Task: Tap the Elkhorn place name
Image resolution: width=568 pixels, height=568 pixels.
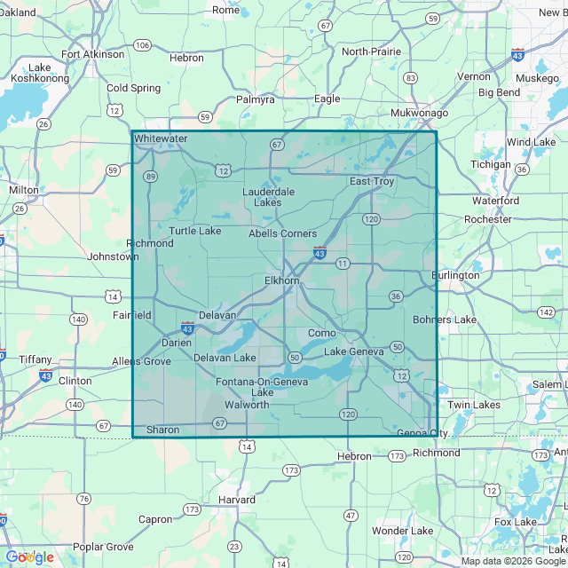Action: pyautogui.click(x=282, y=280)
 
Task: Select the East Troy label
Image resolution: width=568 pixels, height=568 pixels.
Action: pyautogui.click(x=371, y=181)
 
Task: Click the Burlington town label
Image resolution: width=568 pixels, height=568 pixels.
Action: pyautogui.click(x=455, y=275)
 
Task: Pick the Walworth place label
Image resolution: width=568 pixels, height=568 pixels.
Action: pyautogui.click(x=248, y=405)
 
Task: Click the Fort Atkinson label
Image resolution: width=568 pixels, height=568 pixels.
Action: pyautogui.click(x=93, y=54)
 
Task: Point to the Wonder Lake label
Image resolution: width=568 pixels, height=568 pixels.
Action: pyautogui.click(x=402, y=531)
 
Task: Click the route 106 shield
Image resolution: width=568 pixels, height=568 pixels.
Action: pyautogui.click(x=142, y=44)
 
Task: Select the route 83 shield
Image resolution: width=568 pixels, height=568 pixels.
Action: pyautogui.click(x=410, y=78)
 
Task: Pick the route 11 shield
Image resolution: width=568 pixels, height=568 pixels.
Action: pyautogui.click(x=343, y=264)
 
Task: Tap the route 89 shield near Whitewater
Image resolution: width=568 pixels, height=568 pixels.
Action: pyautogui.click(x=151, y=177)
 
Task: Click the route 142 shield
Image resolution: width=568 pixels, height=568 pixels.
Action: pyautogui.click(x=548, y=312)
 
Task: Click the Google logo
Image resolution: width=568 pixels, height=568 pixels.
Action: pyautogui.click(x=30, y=556)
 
